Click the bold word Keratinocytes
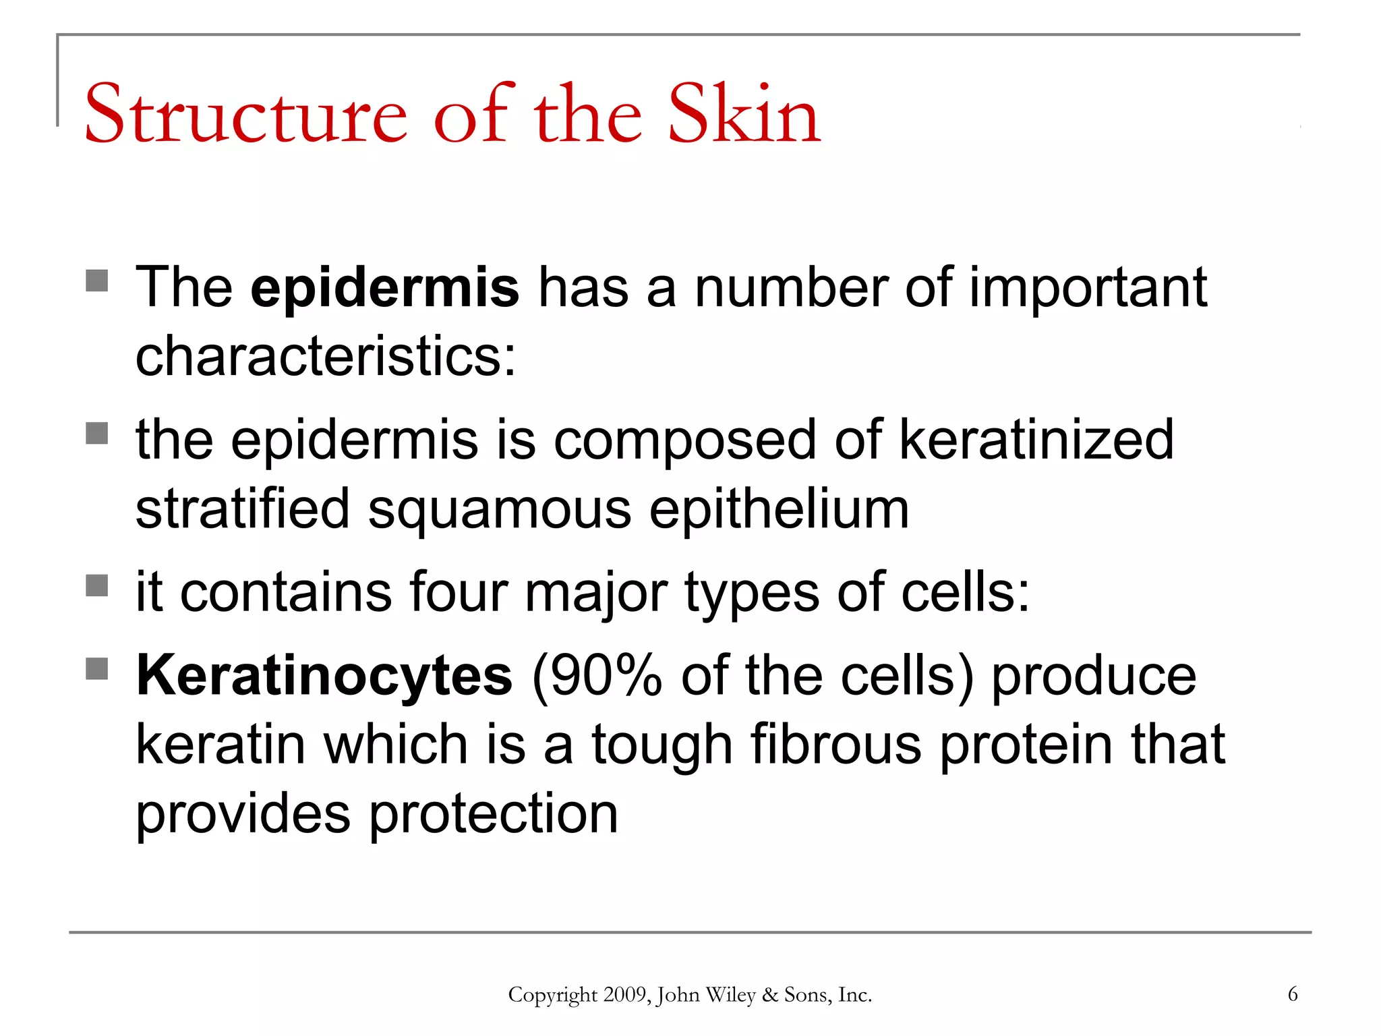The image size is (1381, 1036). point(324,677)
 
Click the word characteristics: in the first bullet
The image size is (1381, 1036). point(326,357)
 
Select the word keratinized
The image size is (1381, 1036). point(1036,440)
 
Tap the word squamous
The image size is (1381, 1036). point(500,509)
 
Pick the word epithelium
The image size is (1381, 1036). point(779,509)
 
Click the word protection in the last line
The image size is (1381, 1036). point(493,814)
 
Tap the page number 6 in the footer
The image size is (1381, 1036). point(1292,994)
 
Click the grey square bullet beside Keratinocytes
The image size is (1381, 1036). point(97,669)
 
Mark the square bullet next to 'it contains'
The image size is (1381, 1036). point(97,585)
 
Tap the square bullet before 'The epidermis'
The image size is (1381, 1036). point(97,281)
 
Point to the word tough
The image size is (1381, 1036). point(662,745)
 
